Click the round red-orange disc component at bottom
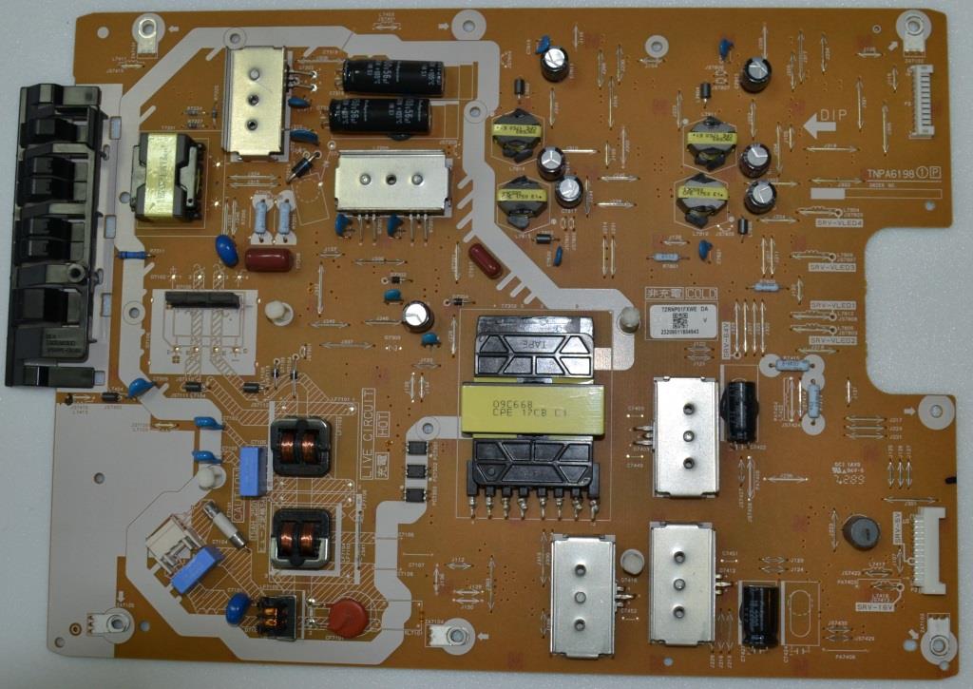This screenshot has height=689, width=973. point(349,617)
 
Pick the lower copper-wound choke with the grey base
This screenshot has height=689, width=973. point(301,538)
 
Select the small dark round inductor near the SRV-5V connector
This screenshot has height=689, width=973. point(861,532)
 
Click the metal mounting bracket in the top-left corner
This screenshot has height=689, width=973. point(146,36)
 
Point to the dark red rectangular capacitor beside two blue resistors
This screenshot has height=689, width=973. point(268,259)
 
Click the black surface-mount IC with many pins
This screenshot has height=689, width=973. point(201,299)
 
